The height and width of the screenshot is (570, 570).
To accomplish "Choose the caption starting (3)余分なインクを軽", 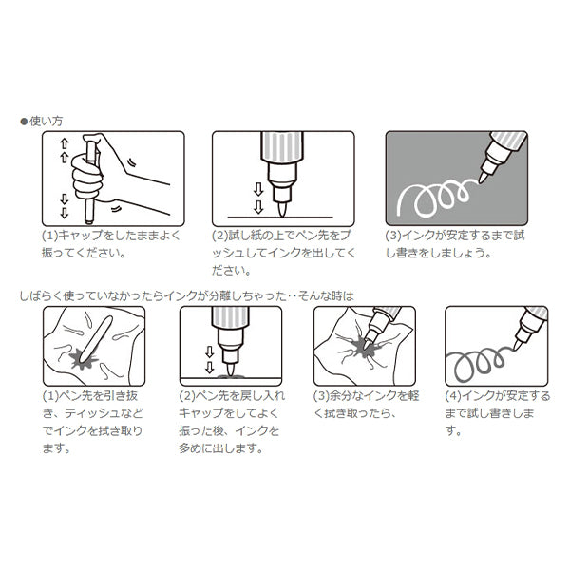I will [361, 403].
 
